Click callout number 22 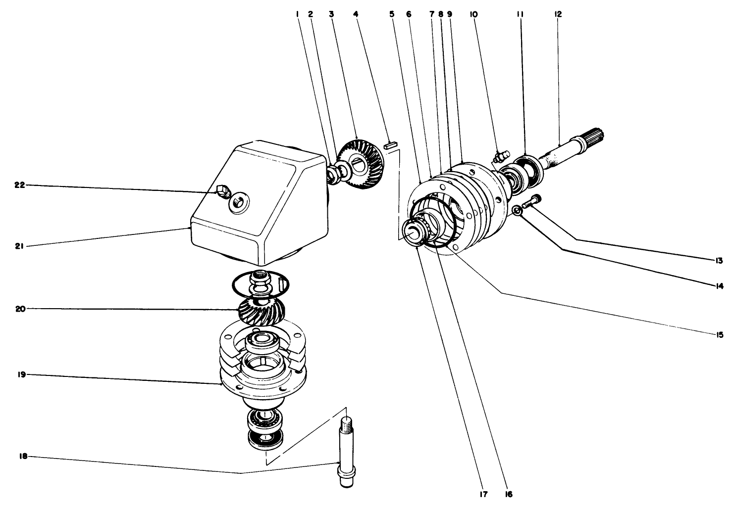pos(19,185)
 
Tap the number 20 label pos(20,309)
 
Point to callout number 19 pos(20,375)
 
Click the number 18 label pos(20,457)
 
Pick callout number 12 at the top pos(558,14)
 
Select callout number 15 pos(719,335)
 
